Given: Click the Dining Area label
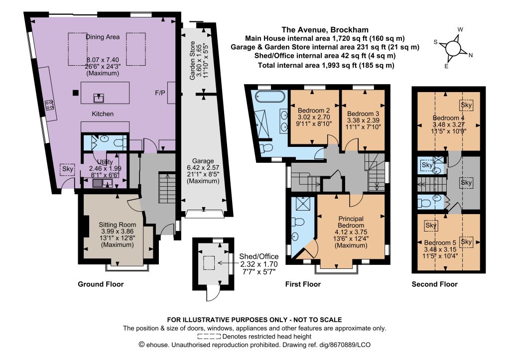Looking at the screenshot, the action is pos(103,37).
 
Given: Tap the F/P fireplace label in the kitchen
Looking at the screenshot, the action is pos(160,93).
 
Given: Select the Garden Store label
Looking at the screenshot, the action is pos(193,60).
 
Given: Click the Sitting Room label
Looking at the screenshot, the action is pos(118,225).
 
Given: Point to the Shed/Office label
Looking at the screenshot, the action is pos(259,256).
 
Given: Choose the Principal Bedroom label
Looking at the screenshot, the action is pos(351,222).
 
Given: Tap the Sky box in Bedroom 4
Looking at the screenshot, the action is pos(466,105).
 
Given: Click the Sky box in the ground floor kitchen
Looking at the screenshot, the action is pos(68,169).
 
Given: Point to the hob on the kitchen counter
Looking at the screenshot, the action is pos(49,105).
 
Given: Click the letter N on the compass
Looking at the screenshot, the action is pos(470,55).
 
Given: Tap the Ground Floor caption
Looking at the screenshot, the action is pos(101,284).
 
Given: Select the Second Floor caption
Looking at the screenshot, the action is pos(434,284).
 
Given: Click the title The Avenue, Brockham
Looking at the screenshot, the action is pos(325,30).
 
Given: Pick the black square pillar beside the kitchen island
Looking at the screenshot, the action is pos(76,93).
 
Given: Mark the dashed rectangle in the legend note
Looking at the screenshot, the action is pos(209,336).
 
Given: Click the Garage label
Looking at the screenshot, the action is pos(203,161).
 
